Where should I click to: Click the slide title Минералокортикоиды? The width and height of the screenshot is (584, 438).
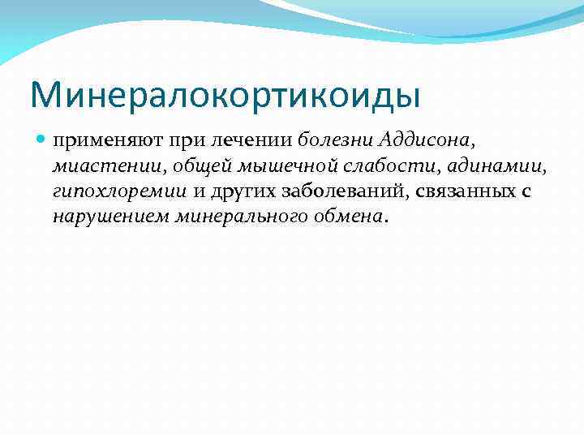(225, 94)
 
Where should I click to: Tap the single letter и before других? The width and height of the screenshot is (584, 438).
(198, 191)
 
